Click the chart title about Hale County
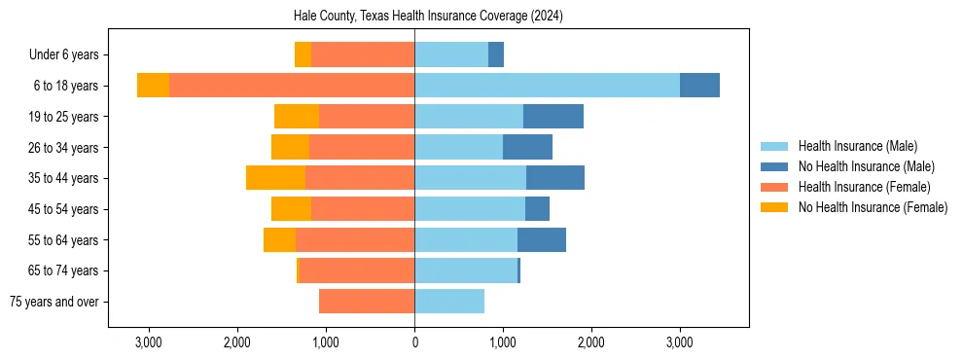coord(428,17)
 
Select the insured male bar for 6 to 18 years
coord(547,86)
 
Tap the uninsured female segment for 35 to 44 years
coord(275,178)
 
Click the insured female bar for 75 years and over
coord(367,302)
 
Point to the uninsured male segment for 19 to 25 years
coord(553,117)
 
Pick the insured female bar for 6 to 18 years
coord(292,86)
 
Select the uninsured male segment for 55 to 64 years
coord(542,239)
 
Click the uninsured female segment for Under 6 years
coord(303,55)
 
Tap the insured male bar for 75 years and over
coord(449,302)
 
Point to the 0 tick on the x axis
coord(414,342)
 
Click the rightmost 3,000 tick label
coord(679,342)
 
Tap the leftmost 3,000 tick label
coord(149,342)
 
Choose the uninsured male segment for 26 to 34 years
coord(527,147)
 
